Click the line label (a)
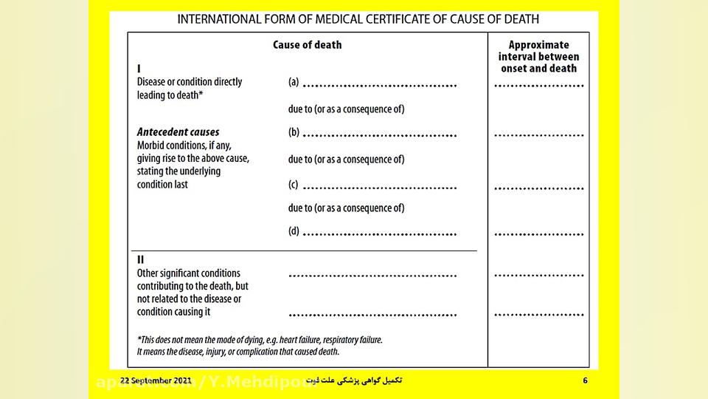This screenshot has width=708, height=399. tap(294, 83)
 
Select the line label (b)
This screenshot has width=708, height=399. tap(294, 133)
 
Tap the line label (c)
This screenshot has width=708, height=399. tap(294, 183)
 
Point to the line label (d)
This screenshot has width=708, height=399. tap(294, 232)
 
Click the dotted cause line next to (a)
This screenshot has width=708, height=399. tap(380, 86)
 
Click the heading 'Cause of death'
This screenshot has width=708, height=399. tap(307, 45)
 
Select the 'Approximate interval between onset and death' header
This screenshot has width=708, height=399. tap(538, 57)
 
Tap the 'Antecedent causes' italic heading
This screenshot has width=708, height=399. tap(178, 133)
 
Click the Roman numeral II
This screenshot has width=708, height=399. tap(140, 260)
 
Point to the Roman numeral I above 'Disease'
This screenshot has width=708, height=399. tap(139, 69)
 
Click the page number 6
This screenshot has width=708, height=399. tap(586, 381)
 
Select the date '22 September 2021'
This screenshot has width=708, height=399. tap(156, 381)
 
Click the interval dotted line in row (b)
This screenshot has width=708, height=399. tap(538, 136)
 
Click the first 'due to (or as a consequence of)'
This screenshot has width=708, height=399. tap(346, 109)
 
